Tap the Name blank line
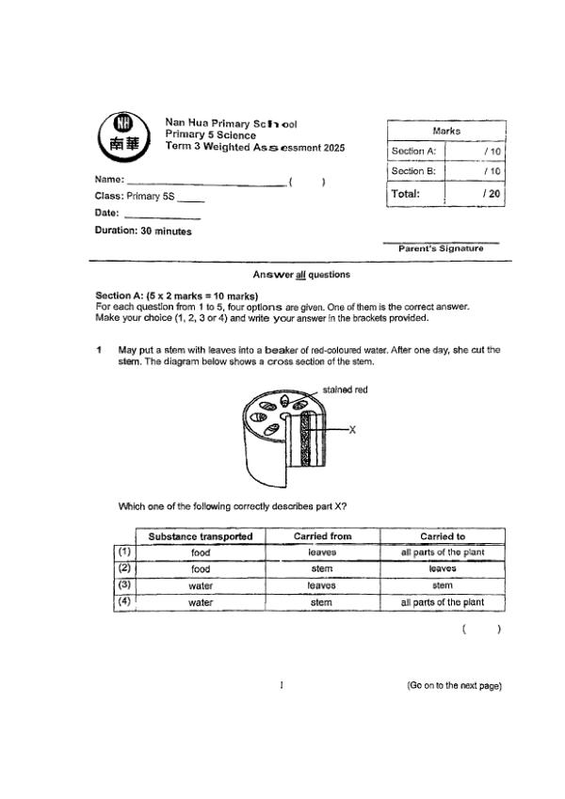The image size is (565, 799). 206,184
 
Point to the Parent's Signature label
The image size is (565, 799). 441,248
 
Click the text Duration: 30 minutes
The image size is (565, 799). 142,231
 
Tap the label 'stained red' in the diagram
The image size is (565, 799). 345,390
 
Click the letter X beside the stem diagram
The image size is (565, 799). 351,429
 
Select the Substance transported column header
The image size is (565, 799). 201,536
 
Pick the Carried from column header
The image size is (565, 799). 323,536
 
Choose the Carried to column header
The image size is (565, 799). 443,536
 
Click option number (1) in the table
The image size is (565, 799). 123,552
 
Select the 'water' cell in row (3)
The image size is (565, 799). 201,585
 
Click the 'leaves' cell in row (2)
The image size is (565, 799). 443,568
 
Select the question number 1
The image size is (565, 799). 99,350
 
